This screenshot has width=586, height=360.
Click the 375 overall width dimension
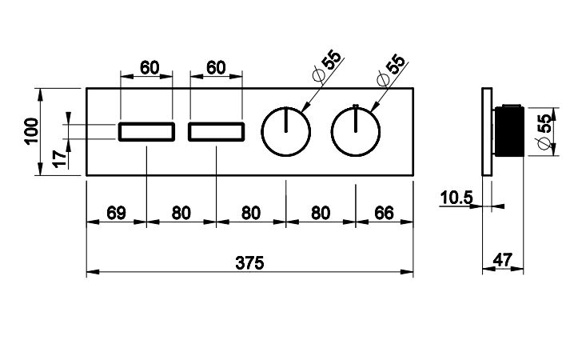point(249,262)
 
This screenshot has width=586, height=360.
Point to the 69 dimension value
point(116,214)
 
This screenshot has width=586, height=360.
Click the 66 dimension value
point(385,214)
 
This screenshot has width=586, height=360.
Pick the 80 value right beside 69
point(181,214)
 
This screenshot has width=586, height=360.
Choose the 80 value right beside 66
point(321,214)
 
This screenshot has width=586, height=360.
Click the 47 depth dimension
point(504,259)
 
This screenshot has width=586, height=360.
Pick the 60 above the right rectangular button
point(216,68)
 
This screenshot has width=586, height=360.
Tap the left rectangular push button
point(147,132)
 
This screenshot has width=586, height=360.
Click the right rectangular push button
point(217,132)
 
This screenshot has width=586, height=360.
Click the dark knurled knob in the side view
point(508,131)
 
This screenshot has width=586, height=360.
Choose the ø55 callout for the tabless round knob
point(325,69)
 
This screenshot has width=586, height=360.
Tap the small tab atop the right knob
point(355,106)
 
